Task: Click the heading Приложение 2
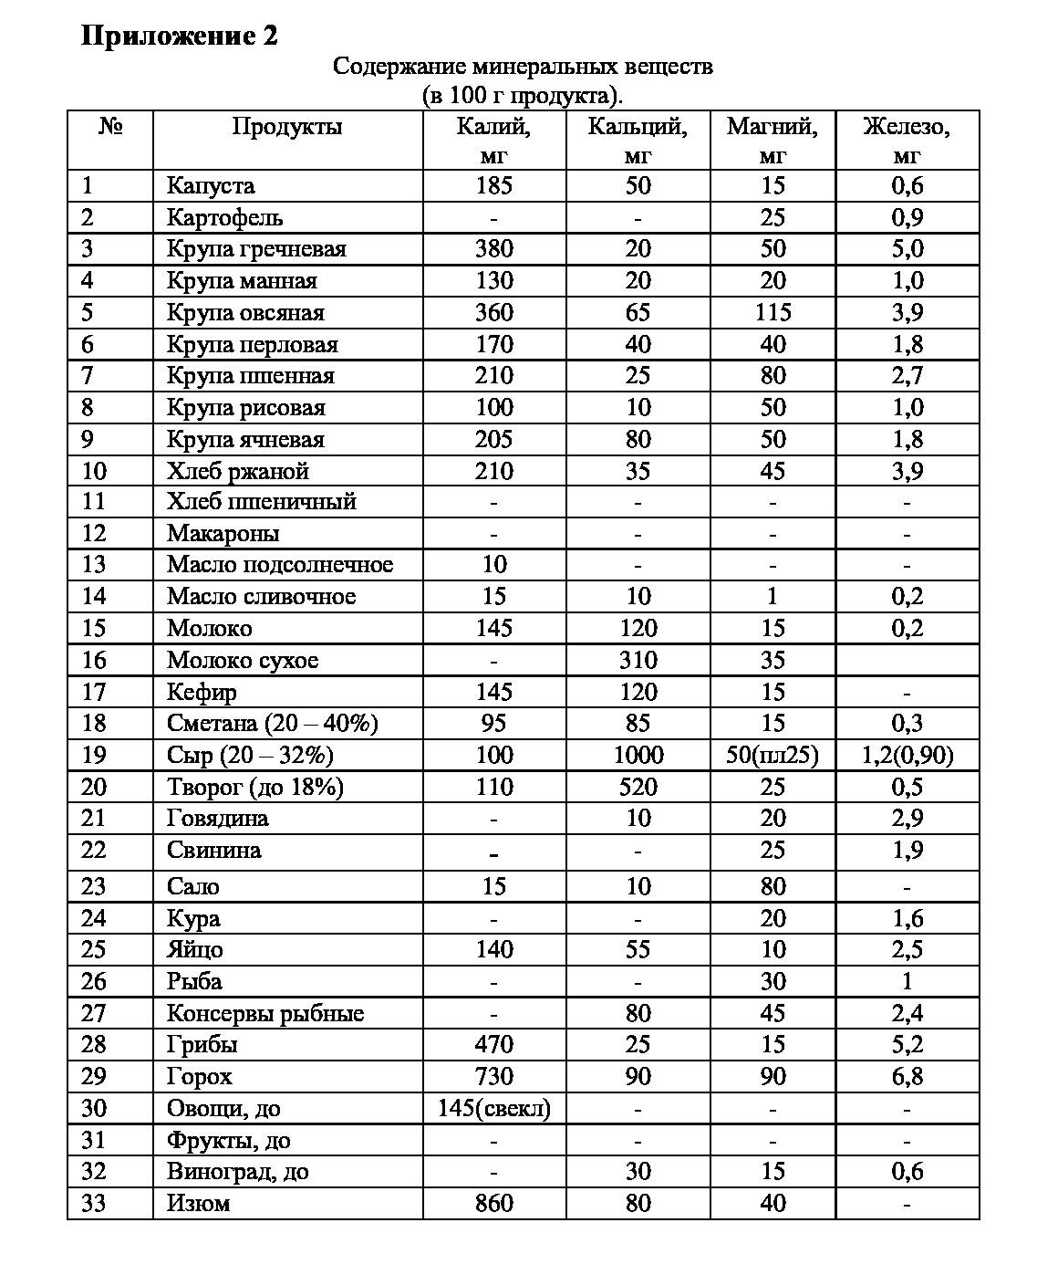click(x=180, y=36)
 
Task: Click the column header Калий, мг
click(x=493, y=140)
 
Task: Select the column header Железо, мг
click(x=907, y=140)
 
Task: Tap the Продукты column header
click(x=287, y=127)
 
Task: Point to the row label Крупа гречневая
click(x=256, y=249)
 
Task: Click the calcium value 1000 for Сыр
click(x=638, y=756)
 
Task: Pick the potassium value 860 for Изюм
click(x=493, y=1204)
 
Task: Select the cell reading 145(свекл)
click(x=493, y=1109)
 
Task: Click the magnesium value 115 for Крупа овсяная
click(x=773, y=313)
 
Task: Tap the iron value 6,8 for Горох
click(x=907, y=1077)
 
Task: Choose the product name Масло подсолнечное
click(x=279, y=565)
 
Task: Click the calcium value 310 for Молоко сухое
click(x=638, y=661)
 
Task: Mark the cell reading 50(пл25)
click(x=773, y=756)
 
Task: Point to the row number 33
click(x=94, y=1204)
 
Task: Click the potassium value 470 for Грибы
click(x=493, y=1045)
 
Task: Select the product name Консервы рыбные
click(x=264, y=1014)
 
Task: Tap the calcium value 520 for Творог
click(x=638, y=788)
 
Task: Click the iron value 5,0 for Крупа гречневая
click(x=907, y=249)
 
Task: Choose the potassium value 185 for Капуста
click(x=493, y=186)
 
